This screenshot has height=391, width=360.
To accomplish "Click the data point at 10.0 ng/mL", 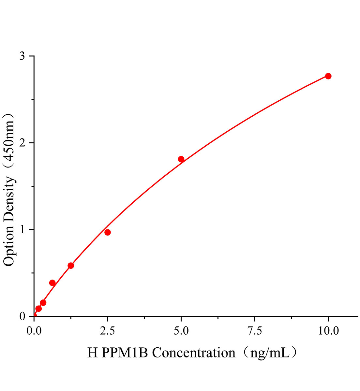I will [x=328, y=76].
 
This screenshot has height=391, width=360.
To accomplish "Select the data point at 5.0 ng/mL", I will [x=181, y=159].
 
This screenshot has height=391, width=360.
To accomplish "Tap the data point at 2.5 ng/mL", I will [x=108, y=232].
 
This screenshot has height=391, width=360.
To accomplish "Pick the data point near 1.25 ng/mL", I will [x=71, y=266].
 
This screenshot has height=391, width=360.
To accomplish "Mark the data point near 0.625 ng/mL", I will [x=52, y=283].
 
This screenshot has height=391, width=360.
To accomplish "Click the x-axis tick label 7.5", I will [x=255, y=331].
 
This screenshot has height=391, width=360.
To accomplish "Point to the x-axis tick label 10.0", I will [x=328, y=331].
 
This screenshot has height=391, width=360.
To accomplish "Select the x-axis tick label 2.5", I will [x=108, y=331].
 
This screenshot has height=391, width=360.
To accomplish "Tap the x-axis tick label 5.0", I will [x=181, y=331].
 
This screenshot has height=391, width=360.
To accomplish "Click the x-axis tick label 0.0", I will [x=34, y=331].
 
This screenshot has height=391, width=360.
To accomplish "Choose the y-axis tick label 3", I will [x=22, y=56].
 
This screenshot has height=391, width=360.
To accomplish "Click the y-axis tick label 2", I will [x=22, y=143].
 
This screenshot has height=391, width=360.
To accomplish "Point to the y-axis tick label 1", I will [x=22, y=230].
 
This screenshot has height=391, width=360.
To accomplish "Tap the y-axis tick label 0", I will [x=22, y=316].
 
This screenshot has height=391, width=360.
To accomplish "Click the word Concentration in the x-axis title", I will [x=194, y=353].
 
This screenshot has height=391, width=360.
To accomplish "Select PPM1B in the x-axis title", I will [x=125, y=353].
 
